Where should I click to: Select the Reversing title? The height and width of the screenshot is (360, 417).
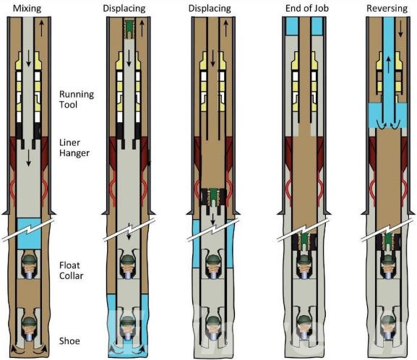(389, 8)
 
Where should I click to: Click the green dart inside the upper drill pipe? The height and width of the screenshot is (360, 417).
(130, 27)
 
